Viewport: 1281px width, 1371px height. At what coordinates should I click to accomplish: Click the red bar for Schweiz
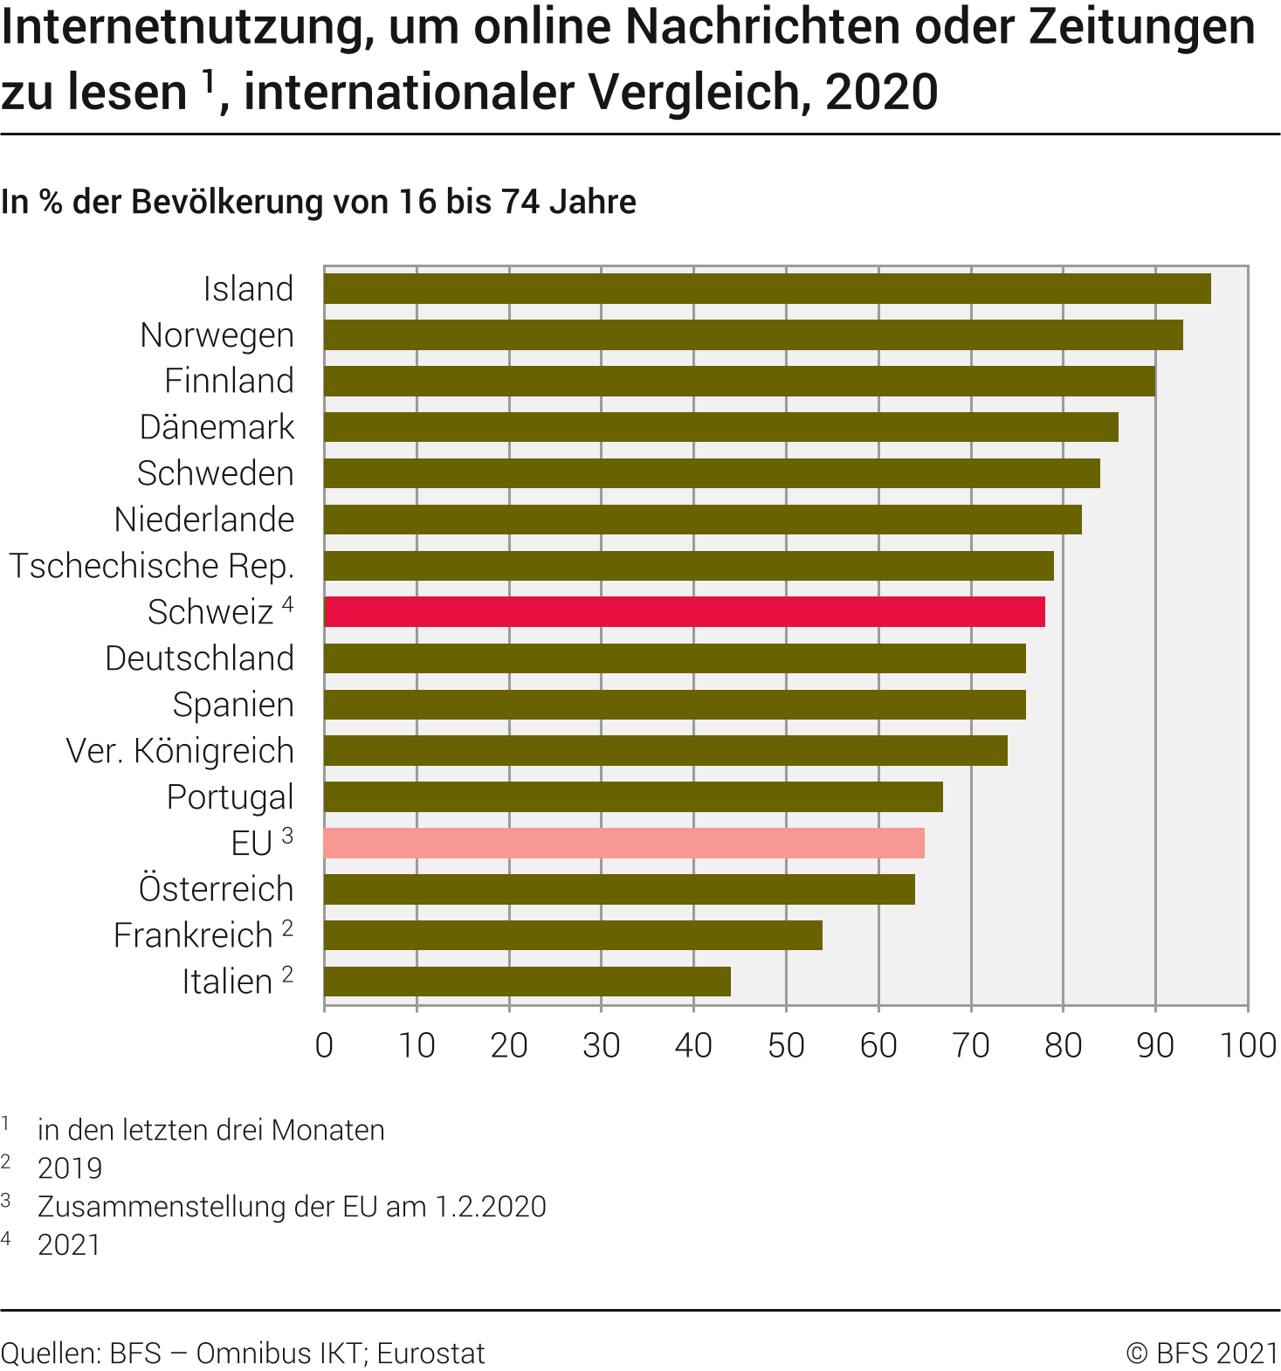[685, 612]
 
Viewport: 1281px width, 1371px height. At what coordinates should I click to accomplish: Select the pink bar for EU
[624, 844]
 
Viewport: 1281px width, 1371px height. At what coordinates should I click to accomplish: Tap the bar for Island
[768, 289]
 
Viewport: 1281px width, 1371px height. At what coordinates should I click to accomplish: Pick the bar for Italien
[527, 982]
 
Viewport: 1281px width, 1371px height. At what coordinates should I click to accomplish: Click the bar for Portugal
[633, 797]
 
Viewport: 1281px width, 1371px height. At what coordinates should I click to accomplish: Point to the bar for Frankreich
[573, 935]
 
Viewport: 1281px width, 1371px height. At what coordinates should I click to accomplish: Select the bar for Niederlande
[703, 520]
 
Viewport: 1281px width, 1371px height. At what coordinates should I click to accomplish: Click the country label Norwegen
[217, 335]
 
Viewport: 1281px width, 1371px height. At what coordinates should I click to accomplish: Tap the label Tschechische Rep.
[151, 566]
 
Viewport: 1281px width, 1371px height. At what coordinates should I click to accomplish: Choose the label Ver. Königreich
[180, 751]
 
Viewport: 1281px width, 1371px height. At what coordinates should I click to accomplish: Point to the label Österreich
[216, 889]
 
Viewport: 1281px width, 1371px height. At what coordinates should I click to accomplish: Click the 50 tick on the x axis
[786, 1045]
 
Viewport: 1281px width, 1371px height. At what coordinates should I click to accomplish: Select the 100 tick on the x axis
[1248, 1045]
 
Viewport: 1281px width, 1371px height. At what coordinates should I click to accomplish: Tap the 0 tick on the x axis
[324, 1045]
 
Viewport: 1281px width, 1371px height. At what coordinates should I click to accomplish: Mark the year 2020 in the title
[881, 92]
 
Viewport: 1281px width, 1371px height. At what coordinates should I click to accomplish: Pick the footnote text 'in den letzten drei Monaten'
[210, 1130]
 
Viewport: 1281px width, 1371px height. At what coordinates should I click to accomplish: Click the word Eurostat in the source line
[430, 1353]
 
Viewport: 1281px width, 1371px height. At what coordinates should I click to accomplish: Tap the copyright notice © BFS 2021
[1202, 1353]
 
